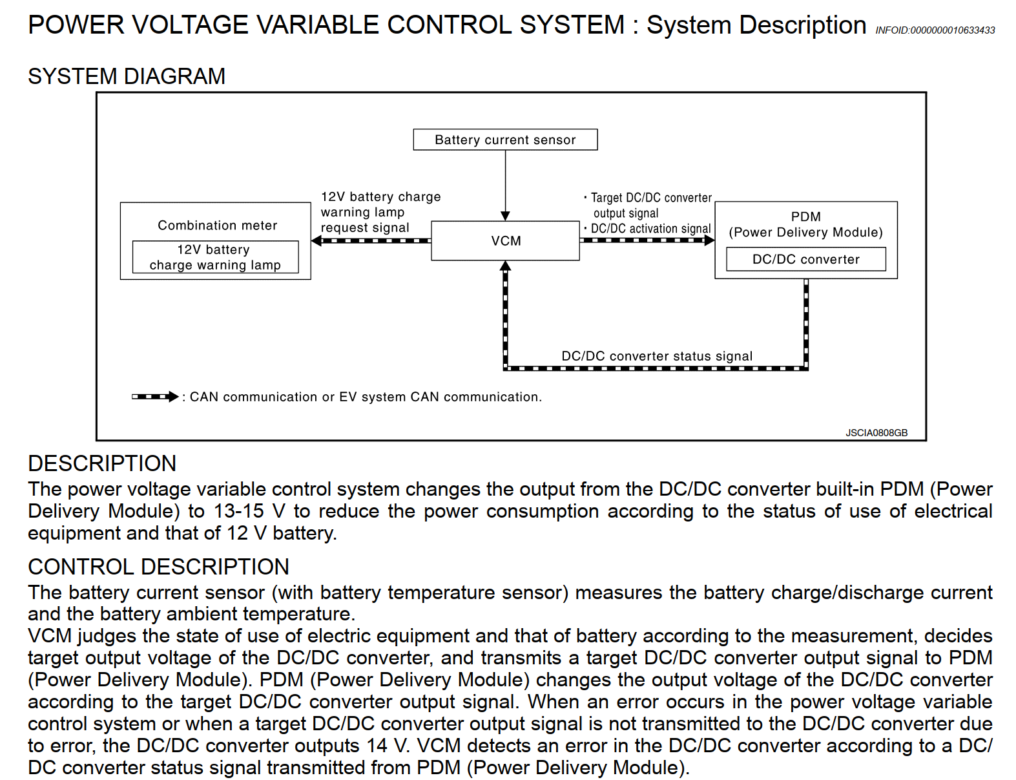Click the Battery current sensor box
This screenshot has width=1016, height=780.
505,140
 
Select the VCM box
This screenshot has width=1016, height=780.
505,241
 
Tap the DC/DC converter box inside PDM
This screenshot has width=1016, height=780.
805,259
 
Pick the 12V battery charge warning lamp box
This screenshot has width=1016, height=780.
215,257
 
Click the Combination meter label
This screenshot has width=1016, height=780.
217,225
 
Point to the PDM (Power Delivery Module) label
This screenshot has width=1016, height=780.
805,224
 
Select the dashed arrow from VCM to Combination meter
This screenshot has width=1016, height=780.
371,240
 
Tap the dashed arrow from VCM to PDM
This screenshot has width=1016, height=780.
647,240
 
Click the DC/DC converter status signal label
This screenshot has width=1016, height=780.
657,356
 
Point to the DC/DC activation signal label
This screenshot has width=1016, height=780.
650,229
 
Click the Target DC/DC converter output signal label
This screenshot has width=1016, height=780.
650,205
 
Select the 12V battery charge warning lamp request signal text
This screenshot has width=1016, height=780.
380,212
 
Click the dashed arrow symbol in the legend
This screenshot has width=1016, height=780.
155,396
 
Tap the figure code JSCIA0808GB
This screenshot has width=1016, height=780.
876,432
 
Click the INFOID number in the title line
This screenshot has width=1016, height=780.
935,30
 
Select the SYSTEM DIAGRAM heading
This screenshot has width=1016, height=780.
127,76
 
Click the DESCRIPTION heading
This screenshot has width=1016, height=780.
102,463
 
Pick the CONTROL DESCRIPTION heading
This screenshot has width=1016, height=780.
158,567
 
